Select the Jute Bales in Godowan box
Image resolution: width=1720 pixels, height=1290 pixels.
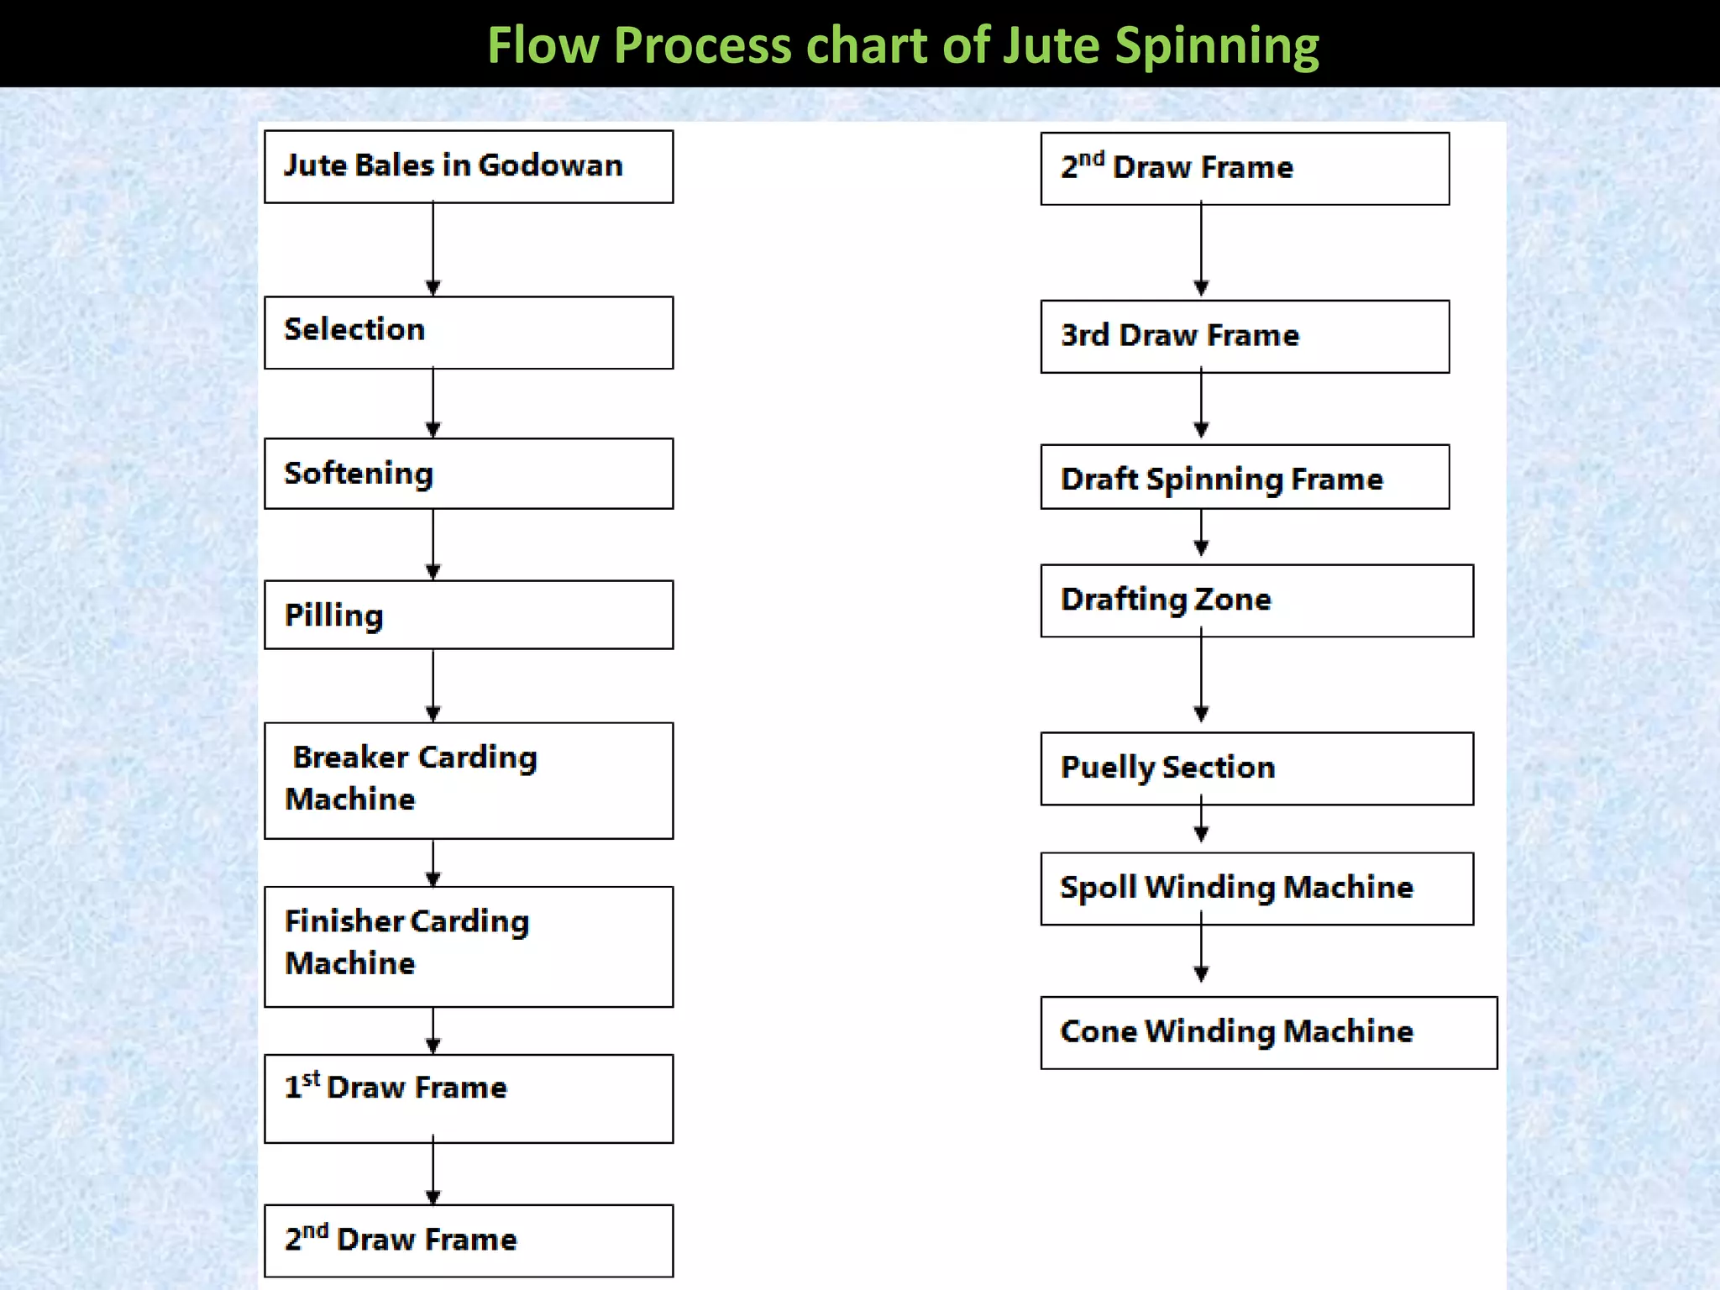(468, 166)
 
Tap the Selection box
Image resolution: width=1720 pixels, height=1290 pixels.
(468, 332)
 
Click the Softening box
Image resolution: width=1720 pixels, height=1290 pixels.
(468, 474)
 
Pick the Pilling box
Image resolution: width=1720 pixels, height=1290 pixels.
(468, 615)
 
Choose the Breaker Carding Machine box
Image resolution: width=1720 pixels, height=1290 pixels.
(468, 780)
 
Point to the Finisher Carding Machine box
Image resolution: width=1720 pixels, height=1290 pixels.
(468, 947)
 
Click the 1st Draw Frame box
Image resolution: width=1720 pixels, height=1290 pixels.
(468, 1099)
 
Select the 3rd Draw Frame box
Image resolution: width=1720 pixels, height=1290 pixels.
(1245, 336)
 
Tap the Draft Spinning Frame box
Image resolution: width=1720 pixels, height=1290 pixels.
(1245, 477)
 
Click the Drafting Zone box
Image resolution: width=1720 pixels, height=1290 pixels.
(1256, 600)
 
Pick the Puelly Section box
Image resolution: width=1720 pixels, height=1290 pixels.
(1256, 768)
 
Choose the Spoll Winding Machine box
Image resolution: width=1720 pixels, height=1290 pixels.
(1256, 889)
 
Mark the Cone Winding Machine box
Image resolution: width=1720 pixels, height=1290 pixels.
(1268, 1033)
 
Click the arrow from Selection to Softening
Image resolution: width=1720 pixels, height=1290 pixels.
(433, 403)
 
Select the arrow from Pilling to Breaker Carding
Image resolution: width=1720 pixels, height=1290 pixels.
(433, 685)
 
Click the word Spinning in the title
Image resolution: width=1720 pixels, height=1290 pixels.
(1217, 47)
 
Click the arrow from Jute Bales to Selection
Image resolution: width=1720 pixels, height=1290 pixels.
(433, 249)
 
